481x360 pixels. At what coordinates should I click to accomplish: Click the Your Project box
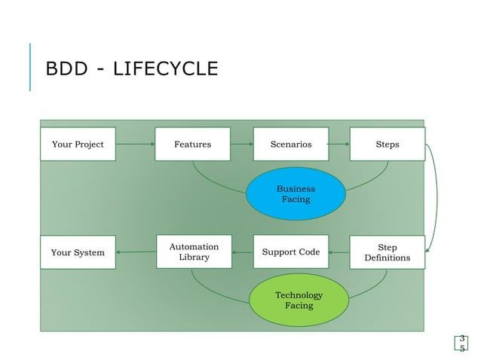pos(78,144)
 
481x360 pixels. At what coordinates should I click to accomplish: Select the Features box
pos(192,144)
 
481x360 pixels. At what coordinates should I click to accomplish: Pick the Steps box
pos(387,144)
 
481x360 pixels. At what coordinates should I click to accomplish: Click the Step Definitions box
pos(387,252)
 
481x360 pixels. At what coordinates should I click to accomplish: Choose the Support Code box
pos(290,252)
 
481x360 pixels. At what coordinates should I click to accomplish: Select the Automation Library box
pos(194,252)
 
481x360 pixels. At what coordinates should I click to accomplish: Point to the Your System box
pos(78,252)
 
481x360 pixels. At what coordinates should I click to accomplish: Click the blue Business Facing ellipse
pos(296,194)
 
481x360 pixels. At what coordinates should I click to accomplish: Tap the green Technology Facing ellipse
pos(299,300)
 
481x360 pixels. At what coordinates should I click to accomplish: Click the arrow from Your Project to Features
pos(135,144)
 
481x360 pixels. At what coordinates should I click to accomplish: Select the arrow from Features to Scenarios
pos(242,144)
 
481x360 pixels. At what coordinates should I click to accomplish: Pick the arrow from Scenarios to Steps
pos(339,144)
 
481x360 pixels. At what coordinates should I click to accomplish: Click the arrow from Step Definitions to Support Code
pos(339,252)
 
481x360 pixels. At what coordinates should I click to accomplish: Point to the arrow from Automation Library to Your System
pos(136,252)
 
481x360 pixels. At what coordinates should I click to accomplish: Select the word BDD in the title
pos(66,69)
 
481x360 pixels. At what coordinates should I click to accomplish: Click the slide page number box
pos(461,343)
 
